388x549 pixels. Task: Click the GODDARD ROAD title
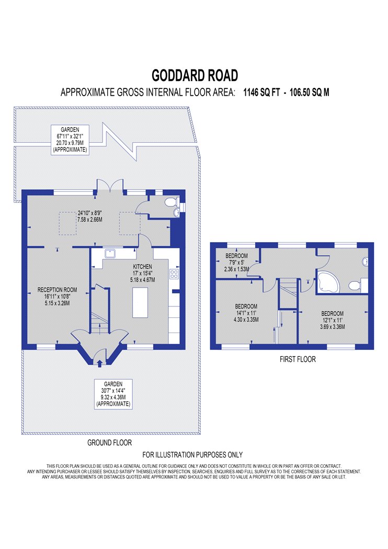coord(195,75)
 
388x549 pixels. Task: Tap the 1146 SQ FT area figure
coord(261,92)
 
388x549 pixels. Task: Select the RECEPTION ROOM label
coord(57,290)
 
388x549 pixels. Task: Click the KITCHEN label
coord(142,267)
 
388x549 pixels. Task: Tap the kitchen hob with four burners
coord(174,274)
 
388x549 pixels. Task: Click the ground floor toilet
coord(172,202)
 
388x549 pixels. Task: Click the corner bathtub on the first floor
coord(328,282)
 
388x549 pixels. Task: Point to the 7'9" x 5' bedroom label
coord(236,262)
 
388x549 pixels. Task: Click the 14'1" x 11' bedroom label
coord(246,313)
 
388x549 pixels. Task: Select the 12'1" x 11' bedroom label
coord(333,320)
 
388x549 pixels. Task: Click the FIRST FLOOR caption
coord(298,359)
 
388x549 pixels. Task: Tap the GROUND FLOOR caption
coord(110,442)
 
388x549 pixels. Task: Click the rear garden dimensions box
coord(70,140)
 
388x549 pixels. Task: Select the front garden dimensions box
coord(113,394)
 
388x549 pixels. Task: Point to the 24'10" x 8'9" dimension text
coord(90,216)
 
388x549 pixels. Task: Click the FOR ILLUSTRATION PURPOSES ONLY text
coord(192,454)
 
